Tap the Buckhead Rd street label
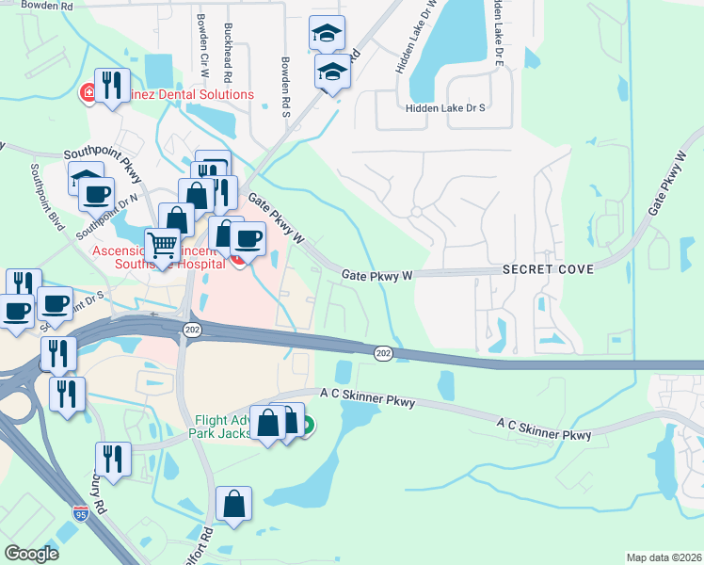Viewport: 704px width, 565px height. (x=229, y=47)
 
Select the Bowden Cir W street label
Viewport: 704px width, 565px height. (x=201, y=43)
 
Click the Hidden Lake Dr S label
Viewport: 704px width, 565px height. (x=444, y=108)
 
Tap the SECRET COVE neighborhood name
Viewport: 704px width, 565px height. (x=548, y=269)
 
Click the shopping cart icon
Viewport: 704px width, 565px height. (x=162, y=245)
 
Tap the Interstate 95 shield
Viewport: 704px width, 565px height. (x=81, y=514)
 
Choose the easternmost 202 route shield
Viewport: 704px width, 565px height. (x=383, y=352)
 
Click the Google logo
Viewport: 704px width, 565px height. (x=32, y=554)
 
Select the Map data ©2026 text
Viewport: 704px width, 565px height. (x=664, y=557)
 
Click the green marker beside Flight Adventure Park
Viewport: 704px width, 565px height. (x=308, y=425)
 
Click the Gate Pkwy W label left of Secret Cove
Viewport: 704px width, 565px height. (x=377, y=275)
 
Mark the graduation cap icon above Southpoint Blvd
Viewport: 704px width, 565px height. (x=87, y=178)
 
